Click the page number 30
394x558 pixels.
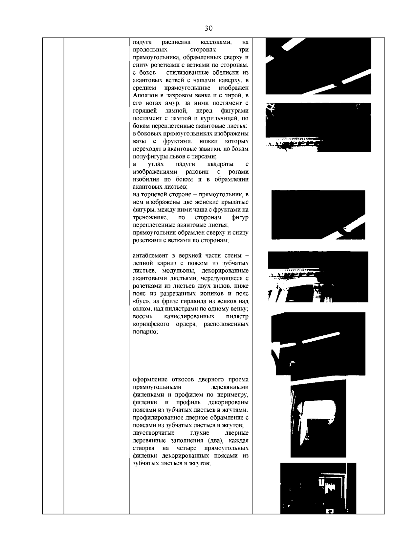coord(208,28)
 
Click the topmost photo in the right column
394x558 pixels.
coord(318,66)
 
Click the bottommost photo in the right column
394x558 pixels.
coord(318,488)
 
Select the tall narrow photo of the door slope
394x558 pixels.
coord(318,418)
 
